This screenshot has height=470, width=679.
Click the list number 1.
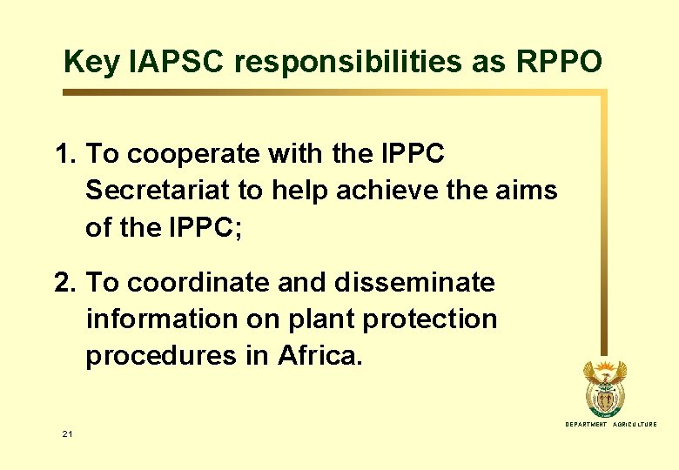coord(64,155)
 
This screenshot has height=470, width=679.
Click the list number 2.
coord(64,283)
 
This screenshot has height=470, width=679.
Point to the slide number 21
coord(67,433)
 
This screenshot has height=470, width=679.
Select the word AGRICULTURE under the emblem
coord(635,424)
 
